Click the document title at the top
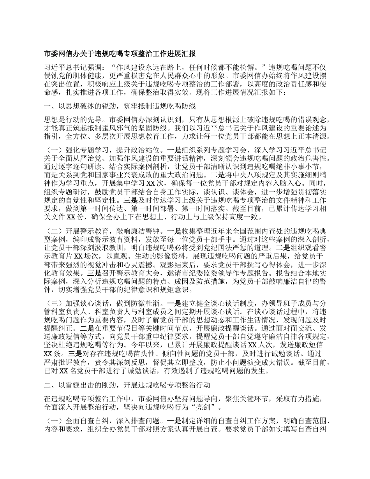tap(120, 54)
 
